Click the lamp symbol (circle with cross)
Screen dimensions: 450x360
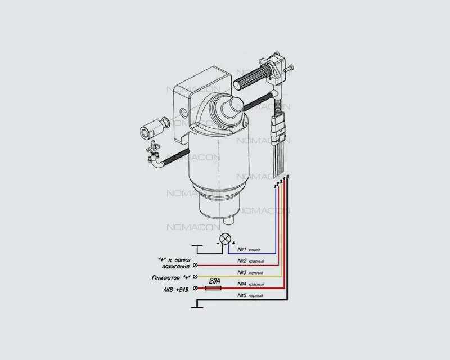click(226, 238)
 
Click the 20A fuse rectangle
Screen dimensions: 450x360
click(214, 288)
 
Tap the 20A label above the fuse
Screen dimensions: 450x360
click(214, 280)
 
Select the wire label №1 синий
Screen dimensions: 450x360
click(249, 249)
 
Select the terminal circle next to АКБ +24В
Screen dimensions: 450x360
click(195, 289)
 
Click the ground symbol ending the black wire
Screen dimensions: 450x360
click(196, 305)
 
